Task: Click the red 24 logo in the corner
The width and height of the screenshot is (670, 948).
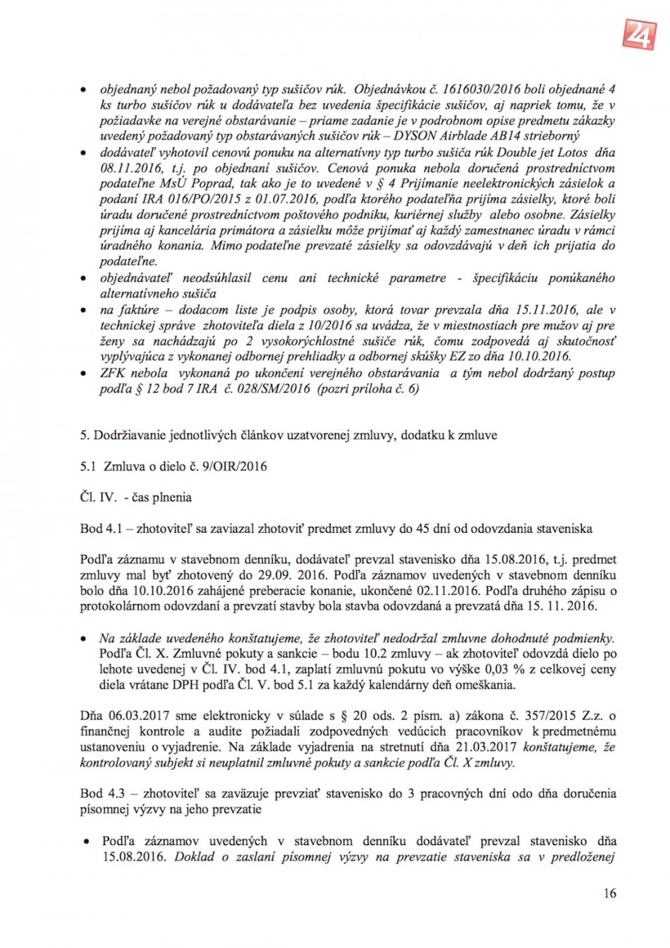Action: tap(639, 32)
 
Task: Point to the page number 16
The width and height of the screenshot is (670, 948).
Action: tap(609, 893)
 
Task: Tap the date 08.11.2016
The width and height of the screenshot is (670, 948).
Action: tap(129, 168)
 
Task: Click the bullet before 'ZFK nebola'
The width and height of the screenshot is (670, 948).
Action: tap(85, 374)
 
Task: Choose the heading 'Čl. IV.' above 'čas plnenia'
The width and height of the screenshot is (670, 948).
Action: tap(97, 497)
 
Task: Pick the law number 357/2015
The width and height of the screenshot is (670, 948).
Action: tap(568, 715)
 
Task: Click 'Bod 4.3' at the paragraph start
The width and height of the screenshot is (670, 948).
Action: tap(102, 793)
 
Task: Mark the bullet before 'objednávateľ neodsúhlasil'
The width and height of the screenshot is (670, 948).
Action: tap(85, 278)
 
